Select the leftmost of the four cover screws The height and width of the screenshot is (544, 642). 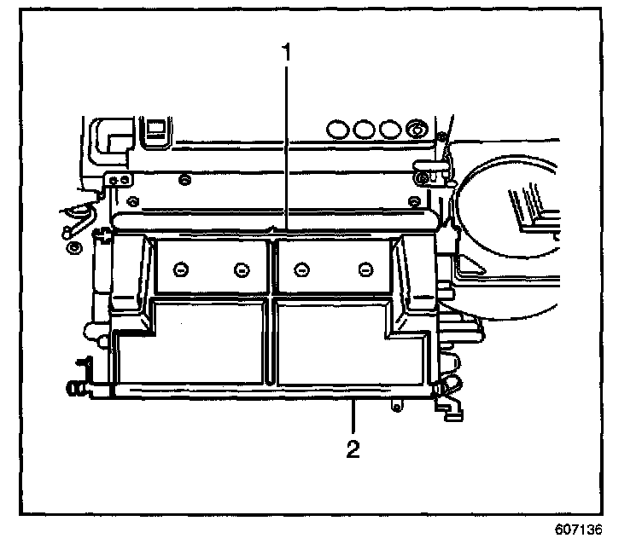click(179, 269)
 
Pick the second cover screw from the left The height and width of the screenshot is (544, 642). click(241, 269)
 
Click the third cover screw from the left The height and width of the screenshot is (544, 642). click(301, 269)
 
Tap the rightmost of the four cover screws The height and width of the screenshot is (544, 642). click(364, 269)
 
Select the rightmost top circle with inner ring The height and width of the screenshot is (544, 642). click(416, 129)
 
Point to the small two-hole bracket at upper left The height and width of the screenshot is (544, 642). click(119, 180)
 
